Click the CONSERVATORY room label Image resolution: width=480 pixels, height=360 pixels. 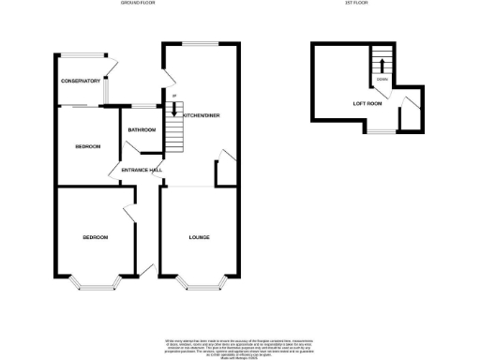[81, 82]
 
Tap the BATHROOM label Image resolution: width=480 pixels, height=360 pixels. [142, 129]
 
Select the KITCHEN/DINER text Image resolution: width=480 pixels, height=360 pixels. [202, 114]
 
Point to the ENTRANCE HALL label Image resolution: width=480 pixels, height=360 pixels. [136, 170]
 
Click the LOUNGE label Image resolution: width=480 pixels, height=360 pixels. [199, 237]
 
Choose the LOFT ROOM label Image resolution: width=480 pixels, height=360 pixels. [367, 103]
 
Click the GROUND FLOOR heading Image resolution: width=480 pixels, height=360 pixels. [139, 4]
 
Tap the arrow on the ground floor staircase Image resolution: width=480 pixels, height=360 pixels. [173, 109]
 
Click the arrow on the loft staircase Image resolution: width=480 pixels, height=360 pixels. [381, 65]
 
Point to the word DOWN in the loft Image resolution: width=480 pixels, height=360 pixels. [382, 80]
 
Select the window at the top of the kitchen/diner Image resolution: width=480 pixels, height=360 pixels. [199, 43]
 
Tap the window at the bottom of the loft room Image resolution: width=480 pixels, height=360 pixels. [378, 132]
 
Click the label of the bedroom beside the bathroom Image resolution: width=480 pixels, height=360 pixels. [88, 146]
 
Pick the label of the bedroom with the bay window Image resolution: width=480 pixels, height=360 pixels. [95, 237]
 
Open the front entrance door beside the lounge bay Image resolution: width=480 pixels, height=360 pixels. [147, 271]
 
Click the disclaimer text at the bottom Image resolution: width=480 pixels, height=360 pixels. [239, 346]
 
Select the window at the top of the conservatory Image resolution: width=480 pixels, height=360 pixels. [81, 53]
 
